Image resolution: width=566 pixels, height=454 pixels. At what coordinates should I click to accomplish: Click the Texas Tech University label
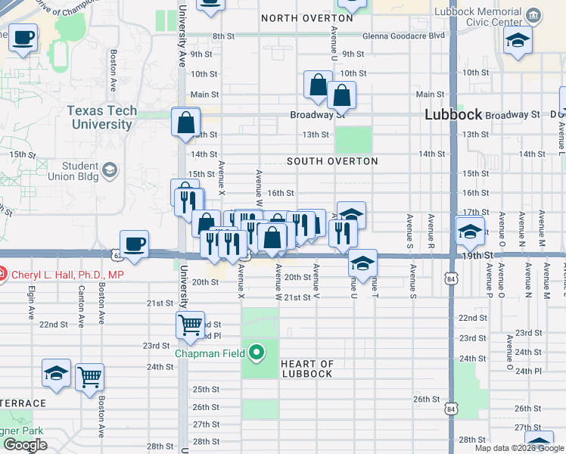pos(101,117)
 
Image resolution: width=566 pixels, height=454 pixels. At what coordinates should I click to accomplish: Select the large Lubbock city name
pos(453,115)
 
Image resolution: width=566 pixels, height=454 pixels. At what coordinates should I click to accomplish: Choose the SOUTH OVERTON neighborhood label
pos(332,161)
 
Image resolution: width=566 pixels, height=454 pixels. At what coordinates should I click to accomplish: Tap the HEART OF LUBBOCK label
pos(306,368)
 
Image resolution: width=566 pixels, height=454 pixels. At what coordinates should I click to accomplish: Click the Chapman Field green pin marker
pos(257,352)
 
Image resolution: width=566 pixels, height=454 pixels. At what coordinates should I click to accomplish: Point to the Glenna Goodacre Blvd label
pos(403,36)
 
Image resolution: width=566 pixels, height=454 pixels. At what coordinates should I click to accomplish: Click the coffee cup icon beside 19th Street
pos(134,244)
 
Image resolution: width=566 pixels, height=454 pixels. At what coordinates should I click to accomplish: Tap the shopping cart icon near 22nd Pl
pos(190,325)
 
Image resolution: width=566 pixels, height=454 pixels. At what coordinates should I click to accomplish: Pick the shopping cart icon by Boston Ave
pos(89,376)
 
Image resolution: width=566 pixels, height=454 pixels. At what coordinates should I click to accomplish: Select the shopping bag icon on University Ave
pos(185,122)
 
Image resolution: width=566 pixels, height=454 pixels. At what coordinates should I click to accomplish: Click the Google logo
pos(25,445)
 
